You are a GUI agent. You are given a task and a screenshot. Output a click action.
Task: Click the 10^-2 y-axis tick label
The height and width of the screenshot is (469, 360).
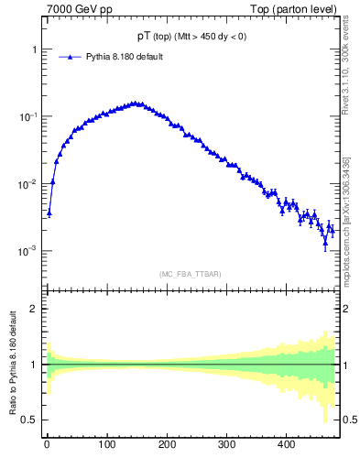click(26, 184)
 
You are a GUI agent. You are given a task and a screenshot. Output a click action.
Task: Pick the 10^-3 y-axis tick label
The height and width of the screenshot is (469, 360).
click(26, 251)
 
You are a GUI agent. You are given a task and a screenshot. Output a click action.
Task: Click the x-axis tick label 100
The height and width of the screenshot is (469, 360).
click(106, 445)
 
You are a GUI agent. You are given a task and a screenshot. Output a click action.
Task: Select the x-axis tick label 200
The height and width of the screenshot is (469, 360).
click(167, 445)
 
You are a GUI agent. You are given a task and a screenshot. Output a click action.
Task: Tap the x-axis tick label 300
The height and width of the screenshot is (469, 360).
click(226, 445)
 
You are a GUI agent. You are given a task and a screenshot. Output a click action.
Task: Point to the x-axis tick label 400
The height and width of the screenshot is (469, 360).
click(286, 445)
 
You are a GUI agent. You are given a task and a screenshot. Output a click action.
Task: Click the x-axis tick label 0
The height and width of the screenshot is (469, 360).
click(47, 445)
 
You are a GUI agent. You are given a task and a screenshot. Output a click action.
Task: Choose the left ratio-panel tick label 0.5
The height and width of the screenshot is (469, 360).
click(28, 420)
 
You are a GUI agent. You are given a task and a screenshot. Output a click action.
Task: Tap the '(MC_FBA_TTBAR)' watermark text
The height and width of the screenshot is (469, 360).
click(190, 273)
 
